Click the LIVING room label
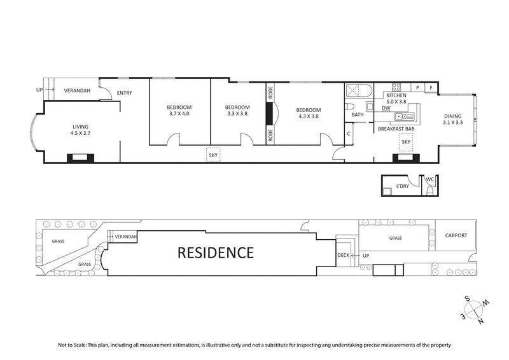(80, 127)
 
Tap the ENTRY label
(124, 93)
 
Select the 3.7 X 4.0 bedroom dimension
(179, 114)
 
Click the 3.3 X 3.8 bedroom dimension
(237, 114)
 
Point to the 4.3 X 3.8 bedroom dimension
(307, 116)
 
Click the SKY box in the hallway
(213, 155)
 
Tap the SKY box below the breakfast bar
(405, 142)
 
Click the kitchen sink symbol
(403, 116)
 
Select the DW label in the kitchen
(386, 108)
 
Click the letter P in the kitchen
(418, 87)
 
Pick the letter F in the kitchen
(431, 87)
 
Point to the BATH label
(358, 115)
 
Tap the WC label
(429, 179)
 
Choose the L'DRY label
(401, 186)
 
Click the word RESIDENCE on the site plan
(215, 253)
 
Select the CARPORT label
(456, 235)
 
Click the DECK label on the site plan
(344, 256)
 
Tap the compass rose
(473, 310)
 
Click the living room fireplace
(80, 158)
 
